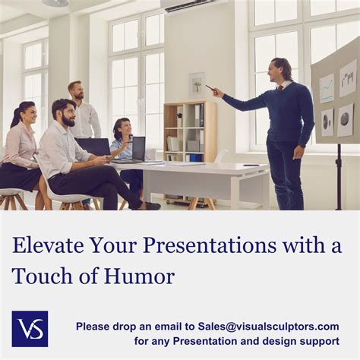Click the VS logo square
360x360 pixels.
(30, 328)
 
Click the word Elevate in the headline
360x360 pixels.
(47, 247)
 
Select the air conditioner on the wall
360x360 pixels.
(190, 5)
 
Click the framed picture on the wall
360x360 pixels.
(197, 84)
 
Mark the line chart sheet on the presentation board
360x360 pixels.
(327, 88)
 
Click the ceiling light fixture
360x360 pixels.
(55, 3)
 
